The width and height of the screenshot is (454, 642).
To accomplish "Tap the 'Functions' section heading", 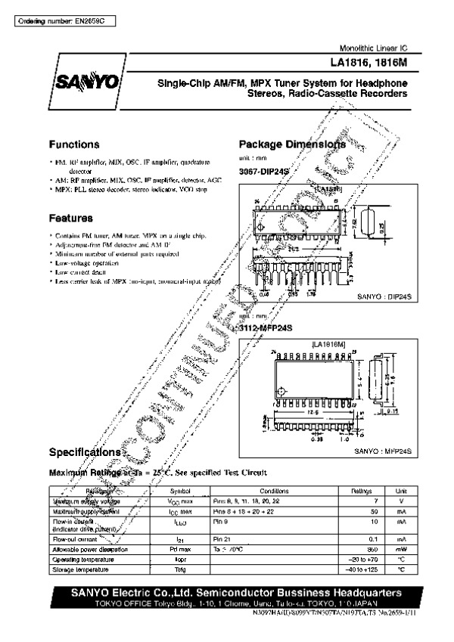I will pos(74,144).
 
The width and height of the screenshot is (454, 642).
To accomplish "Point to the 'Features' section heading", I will pos(71,218).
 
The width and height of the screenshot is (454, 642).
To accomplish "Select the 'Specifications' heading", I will pos(85,452).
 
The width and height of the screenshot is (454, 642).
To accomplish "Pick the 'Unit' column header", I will pos(402,490).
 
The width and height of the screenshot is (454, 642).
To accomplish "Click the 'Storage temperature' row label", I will pos(82,569).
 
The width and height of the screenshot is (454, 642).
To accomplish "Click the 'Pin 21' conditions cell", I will pos(221,538).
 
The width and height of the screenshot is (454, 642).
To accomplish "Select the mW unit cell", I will pos(402,549).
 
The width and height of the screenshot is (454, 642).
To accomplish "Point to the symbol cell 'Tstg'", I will pos(179,569).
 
